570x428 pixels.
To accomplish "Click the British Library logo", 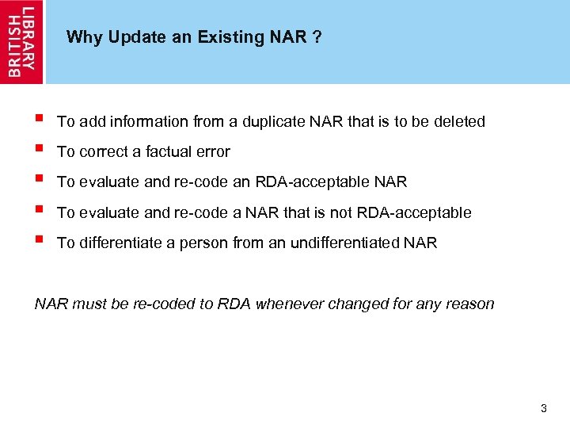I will (x=22, y=41).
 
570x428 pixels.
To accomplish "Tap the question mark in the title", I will (x=317, y=37).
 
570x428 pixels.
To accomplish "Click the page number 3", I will (x=543, y=409).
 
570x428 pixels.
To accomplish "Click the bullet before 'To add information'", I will (x=39, y=120).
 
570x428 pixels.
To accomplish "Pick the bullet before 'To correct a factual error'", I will (x=39, y=150).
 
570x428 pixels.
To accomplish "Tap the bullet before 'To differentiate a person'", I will (x=39, y=241).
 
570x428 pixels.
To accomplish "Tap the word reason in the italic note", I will (x=471, y=304).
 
